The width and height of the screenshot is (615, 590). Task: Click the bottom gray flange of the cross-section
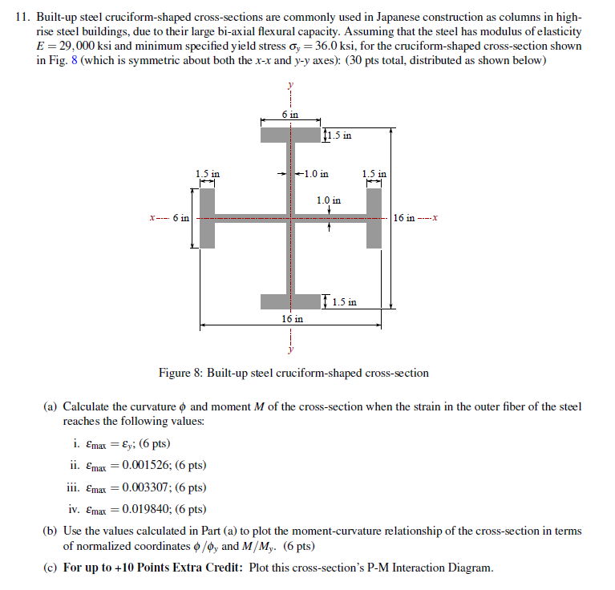coord(289,301)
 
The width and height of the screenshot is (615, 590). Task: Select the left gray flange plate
coord(207,217)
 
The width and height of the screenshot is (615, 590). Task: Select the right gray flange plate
coord(374,217)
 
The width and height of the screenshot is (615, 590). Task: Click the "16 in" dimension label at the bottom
coord(292,318)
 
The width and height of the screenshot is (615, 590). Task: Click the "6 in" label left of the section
coord(180,218)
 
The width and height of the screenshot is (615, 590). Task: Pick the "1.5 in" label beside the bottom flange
coord(343,302)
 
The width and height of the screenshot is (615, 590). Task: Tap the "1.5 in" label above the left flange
coord(207,173)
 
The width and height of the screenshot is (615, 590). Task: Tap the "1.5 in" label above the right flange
coord(374,173)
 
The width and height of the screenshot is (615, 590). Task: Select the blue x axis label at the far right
coord(435,218)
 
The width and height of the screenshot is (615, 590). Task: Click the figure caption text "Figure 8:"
coord(180,373)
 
